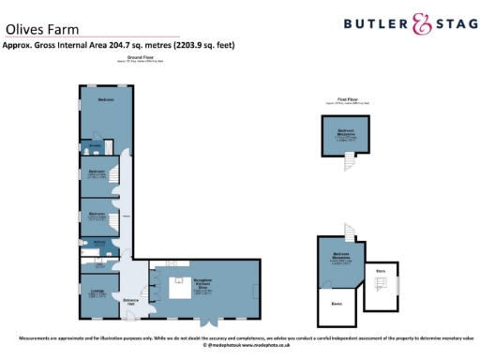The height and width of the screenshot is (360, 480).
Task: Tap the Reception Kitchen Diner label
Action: (206, 284)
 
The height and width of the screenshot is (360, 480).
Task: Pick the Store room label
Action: (381, 273)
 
